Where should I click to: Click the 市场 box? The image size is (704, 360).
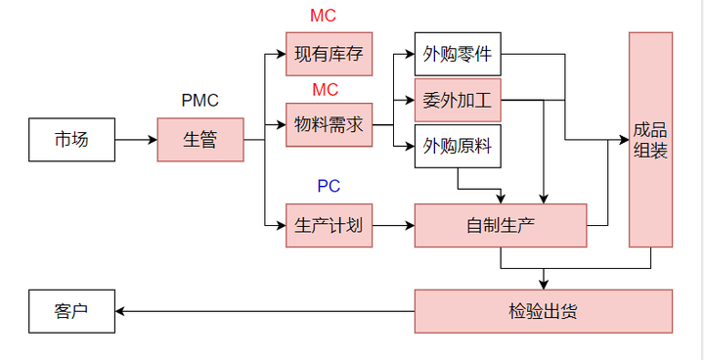point(71,140)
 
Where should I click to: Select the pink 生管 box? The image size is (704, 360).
point(200,140)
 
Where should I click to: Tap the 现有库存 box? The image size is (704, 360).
point(329,54)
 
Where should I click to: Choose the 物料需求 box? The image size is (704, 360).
point(329,124)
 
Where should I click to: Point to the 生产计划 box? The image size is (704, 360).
point(329,225)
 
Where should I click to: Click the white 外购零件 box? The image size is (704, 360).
point(458,54)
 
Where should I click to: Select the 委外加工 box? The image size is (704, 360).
point(458,100)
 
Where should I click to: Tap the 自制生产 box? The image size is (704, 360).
point(501,225)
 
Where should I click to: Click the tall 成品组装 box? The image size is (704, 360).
point(650,140)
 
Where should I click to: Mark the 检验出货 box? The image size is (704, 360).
point(544,311)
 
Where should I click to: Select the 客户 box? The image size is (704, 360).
point(71,311)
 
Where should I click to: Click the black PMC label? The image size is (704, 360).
point(200,101)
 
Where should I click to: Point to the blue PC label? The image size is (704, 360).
point(329,186)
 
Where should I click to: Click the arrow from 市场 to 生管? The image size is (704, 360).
point(136,140)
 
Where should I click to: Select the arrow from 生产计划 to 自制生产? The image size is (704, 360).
point(393,225)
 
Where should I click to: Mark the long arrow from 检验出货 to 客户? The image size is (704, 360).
point(264,311)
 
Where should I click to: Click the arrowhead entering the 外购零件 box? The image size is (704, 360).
point(409,54)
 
